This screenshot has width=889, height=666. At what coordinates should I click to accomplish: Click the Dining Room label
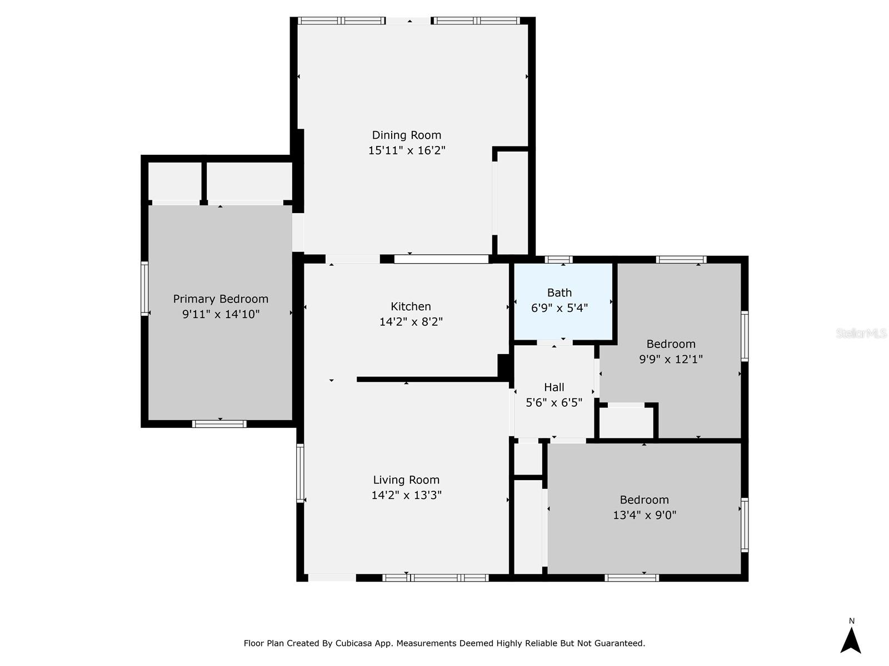(x=406, y=135)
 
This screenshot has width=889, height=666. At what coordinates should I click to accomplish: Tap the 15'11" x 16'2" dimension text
(x=406, y=150)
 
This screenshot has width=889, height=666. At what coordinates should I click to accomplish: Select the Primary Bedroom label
(x=221, y=299)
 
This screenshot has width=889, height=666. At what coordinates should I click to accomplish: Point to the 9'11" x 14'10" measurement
(x=221, y=314)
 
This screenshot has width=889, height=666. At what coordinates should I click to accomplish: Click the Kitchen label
(x=411, y=306)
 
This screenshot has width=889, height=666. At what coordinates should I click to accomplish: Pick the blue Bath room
(x=563, y=302)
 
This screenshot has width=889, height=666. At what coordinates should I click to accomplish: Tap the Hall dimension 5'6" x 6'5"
(x=553, y=402)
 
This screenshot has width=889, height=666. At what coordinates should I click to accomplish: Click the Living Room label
(x=406, y=480)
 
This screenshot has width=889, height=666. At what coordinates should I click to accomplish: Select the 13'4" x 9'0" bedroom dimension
(x=645, y=515)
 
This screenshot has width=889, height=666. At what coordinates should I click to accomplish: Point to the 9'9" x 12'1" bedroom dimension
(x=671, y=359)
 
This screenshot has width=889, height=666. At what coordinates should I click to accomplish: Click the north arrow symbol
(x=851, y=640)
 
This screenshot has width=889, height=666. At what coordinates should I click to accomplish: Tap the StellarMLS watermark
(x=861, y=333)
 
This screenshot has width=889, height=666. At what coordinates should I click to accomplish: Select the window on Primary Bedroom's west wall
(x=144, y=288)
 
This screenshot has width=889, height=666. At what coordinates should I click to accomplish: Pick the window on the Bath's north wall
(x=558, y=260)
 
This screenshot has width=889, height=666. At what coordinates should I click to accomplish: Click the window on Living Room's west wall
(x=300, y=473)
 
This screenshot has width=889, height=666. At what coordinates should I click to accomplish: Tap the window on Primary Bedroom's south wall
(x=219, y=424)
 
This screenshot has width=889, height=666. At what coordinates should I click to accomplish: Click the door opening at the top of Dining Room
(x=408, y=21)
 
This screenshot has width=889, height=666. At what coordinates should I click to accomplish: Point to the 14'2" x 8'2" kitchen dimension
(x=411, y=322)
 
